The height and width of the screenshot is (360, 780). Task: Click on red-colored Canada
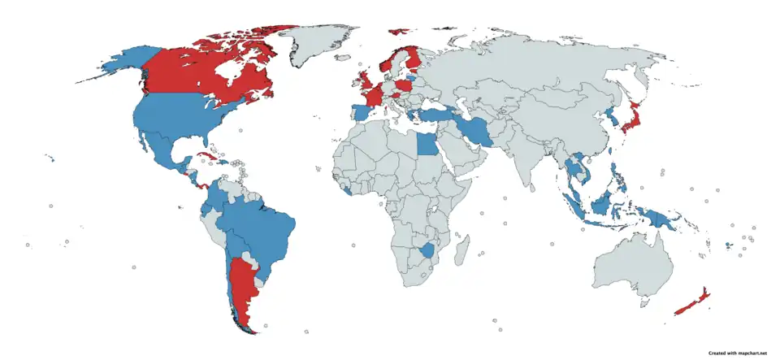click(x=195, y=69)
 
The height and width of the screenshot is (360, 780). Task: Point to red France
click(x=375, y=98)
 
